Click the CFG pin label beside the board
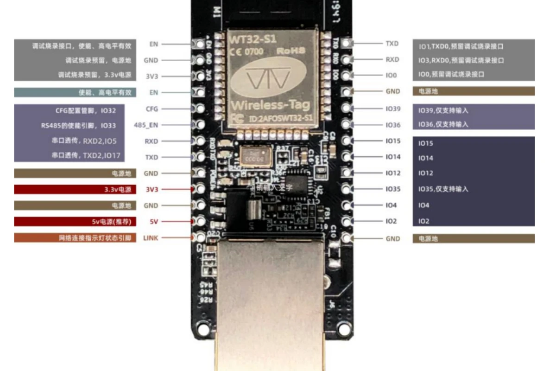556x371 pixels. click(152, 109)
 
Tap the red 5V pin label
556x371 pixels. click(153, 222)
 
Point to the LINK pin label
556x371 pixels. click(151, 238)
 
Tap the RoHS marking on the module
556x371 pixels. click(291, 51)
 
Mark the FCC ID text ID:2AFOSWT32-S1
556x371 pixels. click(279, 119)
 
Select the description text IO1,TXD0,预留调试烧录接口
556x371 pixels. click(461, 46)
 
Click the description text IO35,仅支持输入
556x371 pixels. click(443, 189)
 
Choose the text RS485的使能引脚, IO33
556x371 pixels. click(78, 126)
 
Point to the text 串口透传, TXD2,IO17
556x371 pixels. click(86, 156)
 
